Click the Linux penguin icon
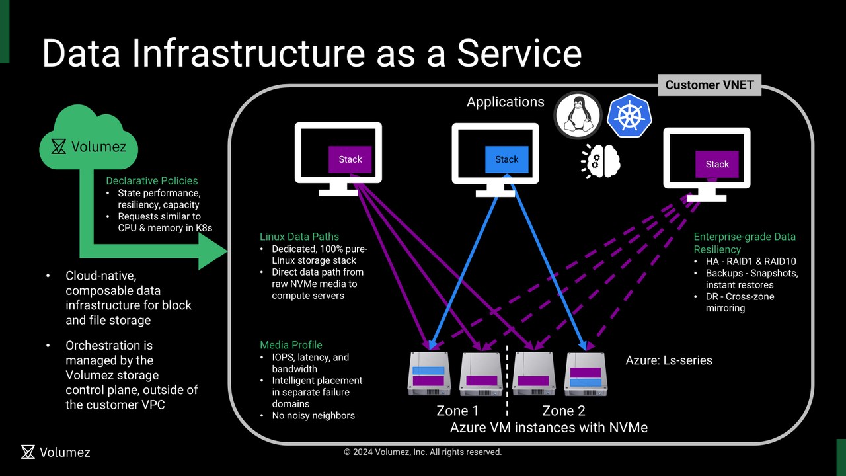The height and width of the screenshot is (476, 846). [x=578, y=116]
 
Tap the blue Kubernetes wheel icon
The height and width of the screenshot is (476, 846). [x=629, y=116]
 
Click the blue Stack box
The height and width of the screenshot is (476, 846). [x=506, y=159]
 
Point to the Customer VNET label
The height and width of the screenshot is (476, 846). [x=710, y=85]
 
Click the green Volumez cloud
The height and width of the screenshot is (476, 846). [x=89, y=142]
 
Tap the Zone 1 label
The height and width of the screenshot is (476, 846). [x=457, y=411]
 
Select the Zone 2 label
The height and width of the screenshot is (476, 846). [x=563, y=411]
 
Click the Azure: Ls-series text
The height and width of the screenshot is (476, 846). [x=669, y=360]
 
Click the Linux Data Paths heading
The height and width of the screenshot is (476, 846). [x=299, y=237]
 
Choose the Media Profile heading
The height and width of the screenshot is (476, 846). [x=291, y=345]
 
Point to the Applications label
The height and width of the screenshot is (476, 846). [x=506, y=102]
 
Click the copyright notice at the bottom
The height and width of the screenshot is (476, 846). [x=423, y=452]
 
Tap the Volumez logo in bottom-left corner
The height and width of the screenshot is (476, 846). [x=56, y=452]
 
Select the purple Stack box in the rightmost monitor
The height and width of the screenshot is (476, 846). [x=716, y=164]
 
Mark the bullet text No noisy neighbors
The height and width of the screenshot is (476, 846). [x=313, y=416]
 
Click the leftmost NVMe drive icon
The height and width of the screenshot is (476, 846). [x=429, y=374]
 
